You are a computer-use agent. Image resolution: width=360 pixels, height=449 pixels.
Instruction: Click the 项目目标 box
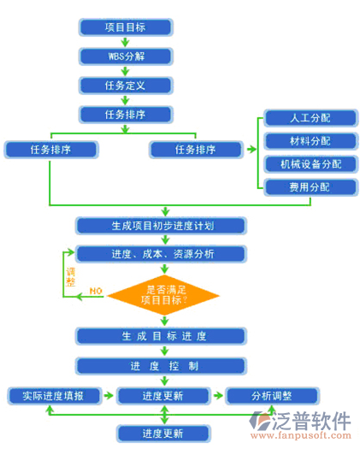pos(125,27)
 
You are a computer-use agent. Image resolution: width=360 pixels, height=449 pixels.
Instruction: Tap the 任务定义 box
pos(125,86)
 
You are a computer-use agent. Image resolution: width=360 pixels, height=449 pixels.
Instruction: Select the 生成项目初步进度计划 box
pos(162,226)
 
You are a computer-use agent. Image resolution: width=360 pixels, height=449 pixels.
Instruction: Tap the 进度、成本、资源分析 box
pos(162,254)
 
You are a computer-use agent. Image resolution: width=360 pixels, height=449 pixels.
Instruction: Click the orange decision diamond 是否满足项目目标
pos(162,294)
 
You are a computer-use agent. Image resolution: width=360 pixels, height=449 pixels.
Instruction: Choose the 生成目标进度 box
pos(162,336)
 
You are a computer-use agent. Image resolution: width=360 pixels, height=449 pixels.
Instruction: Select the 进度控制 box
pos(162,366)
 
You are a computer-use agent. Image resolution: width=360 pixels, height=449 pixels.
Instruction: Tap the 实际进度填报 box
pos(56,396)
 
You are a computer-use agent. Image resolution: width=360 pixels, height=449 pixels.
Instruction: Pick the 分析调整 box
pos(271,396)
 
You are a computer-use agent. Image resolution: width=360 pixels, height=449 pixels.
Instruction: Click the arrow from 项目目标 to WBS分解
pos(125,42)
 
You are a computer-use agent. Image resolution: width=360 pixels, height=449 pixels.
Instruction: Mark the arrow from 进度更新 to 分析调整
pos(217,396)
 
